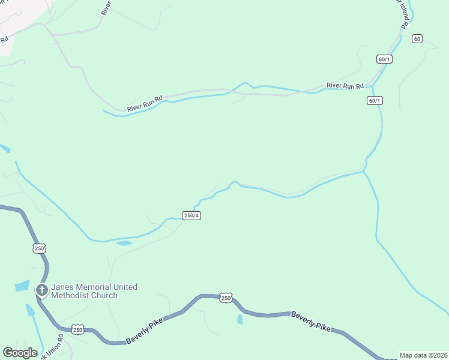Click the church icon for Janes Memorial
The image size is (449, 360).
coord(42,291)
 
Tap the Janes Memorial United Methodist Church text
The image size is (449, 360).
coord(94,291)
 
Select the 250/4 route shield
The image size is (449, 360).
coord(191,215)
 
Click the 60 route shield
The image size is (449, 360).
coord(417,39)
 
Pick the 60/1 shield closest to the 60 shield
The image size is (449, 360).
coord(384,59)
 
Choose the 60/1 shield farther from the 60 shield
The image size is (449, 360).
coord(375,101)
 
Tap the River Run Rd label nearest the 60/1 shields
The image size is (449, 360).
coord(345,86)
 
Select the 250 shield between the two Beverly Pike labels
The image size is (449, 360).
coord(226,298)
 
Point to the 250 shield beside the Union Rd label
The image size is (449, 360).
coord(77,329)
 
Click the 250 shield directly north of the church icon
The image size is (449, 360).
coord(40,248)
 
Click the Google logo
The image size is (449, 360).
coord(20,353)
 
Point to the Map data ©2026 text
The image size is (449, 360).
coord(423,355)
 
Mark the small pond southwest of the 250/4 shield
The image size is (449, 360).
coord(124,243)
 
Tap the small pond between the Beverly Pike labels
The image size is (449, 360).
coord(240,319)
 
